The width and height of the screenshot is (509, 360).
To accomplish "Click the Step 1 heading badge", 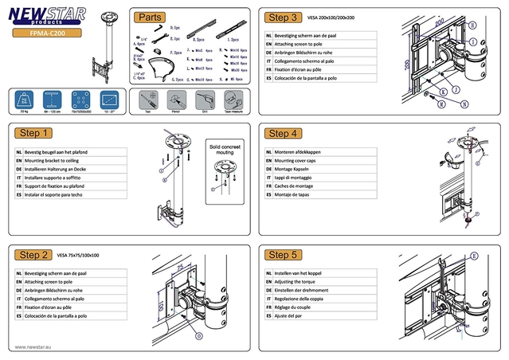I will (35, 133).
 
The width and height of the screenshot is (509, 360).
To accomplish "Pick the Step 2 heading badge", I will (35, 255).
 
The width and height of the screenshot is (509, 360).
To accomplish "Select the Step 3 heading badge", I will (284, 17).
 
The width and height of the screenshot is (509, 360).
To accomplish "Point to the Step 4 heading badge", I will (284, 133).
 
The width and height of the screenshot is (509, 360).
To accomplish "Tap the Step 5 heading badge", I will (284, 255).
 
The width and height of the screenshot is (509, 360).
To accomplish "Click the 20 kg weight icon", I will (24, 101).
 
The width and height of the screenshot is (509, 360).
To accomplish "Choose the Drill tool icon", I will (204, 101).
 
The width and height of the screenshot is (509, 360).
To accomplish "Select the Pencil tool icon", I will (174, 101).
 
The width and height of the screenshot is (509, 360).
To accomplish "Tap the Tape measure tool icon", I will (234, 101).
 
